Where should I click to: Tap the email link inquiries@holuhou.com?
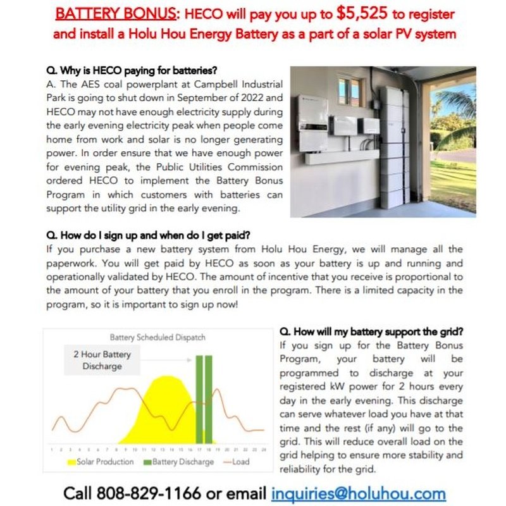coord(359,493)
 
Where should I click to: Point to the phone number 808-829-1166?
coord(149,493)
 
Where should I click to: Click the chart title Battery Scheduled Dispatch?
coord(157,338)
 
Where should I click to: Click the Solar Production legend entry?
coord(101,462)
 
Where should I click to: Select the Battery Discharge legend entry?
coord(179,462)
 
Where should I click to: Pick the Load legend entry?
coord(237,462)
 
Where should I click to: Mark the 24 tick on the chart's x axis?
coord(261,448)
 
